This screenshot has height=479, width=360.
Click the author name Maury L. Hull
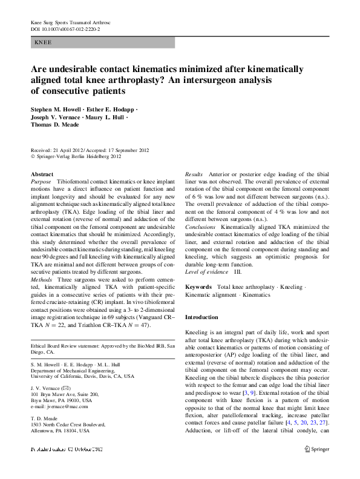point(104,117)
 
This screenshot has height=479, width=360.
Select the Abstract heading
point(42,174)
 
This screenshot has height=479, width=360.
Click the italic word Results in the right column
point(194,174)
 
